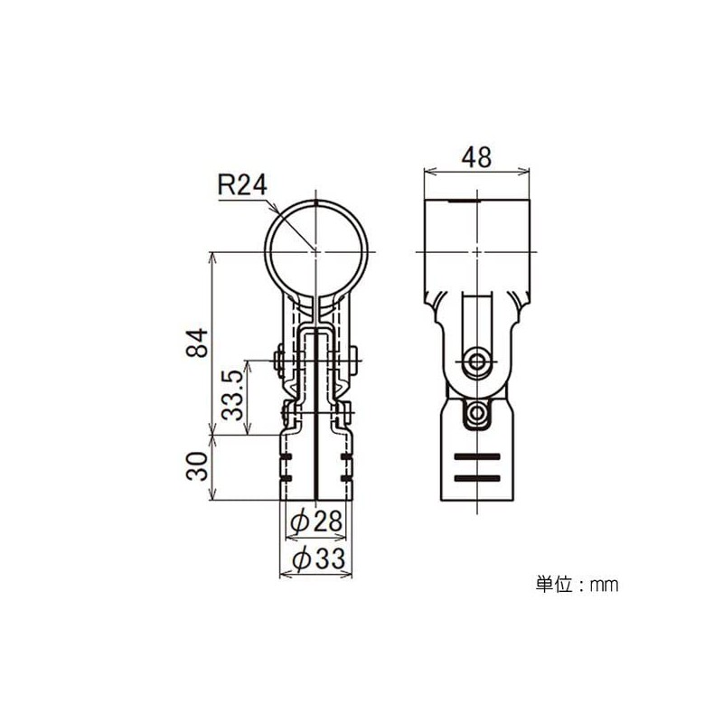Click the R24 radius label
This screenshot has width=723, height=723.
243,185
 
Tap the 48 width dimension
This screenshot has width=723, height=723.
475,156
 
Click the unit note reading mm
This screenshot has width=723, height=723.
603,585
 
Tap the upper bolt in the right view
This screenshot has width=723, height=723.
476,362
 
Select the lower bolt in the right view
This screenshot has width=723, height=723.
476,414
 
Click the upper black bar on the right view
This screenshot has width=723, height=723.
476,455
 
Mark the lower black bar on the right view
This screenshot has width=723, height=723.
476,476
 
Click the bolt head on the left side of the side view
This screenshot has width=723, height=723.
279,362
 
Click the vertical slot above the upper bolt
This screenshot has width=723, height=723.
476,316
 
